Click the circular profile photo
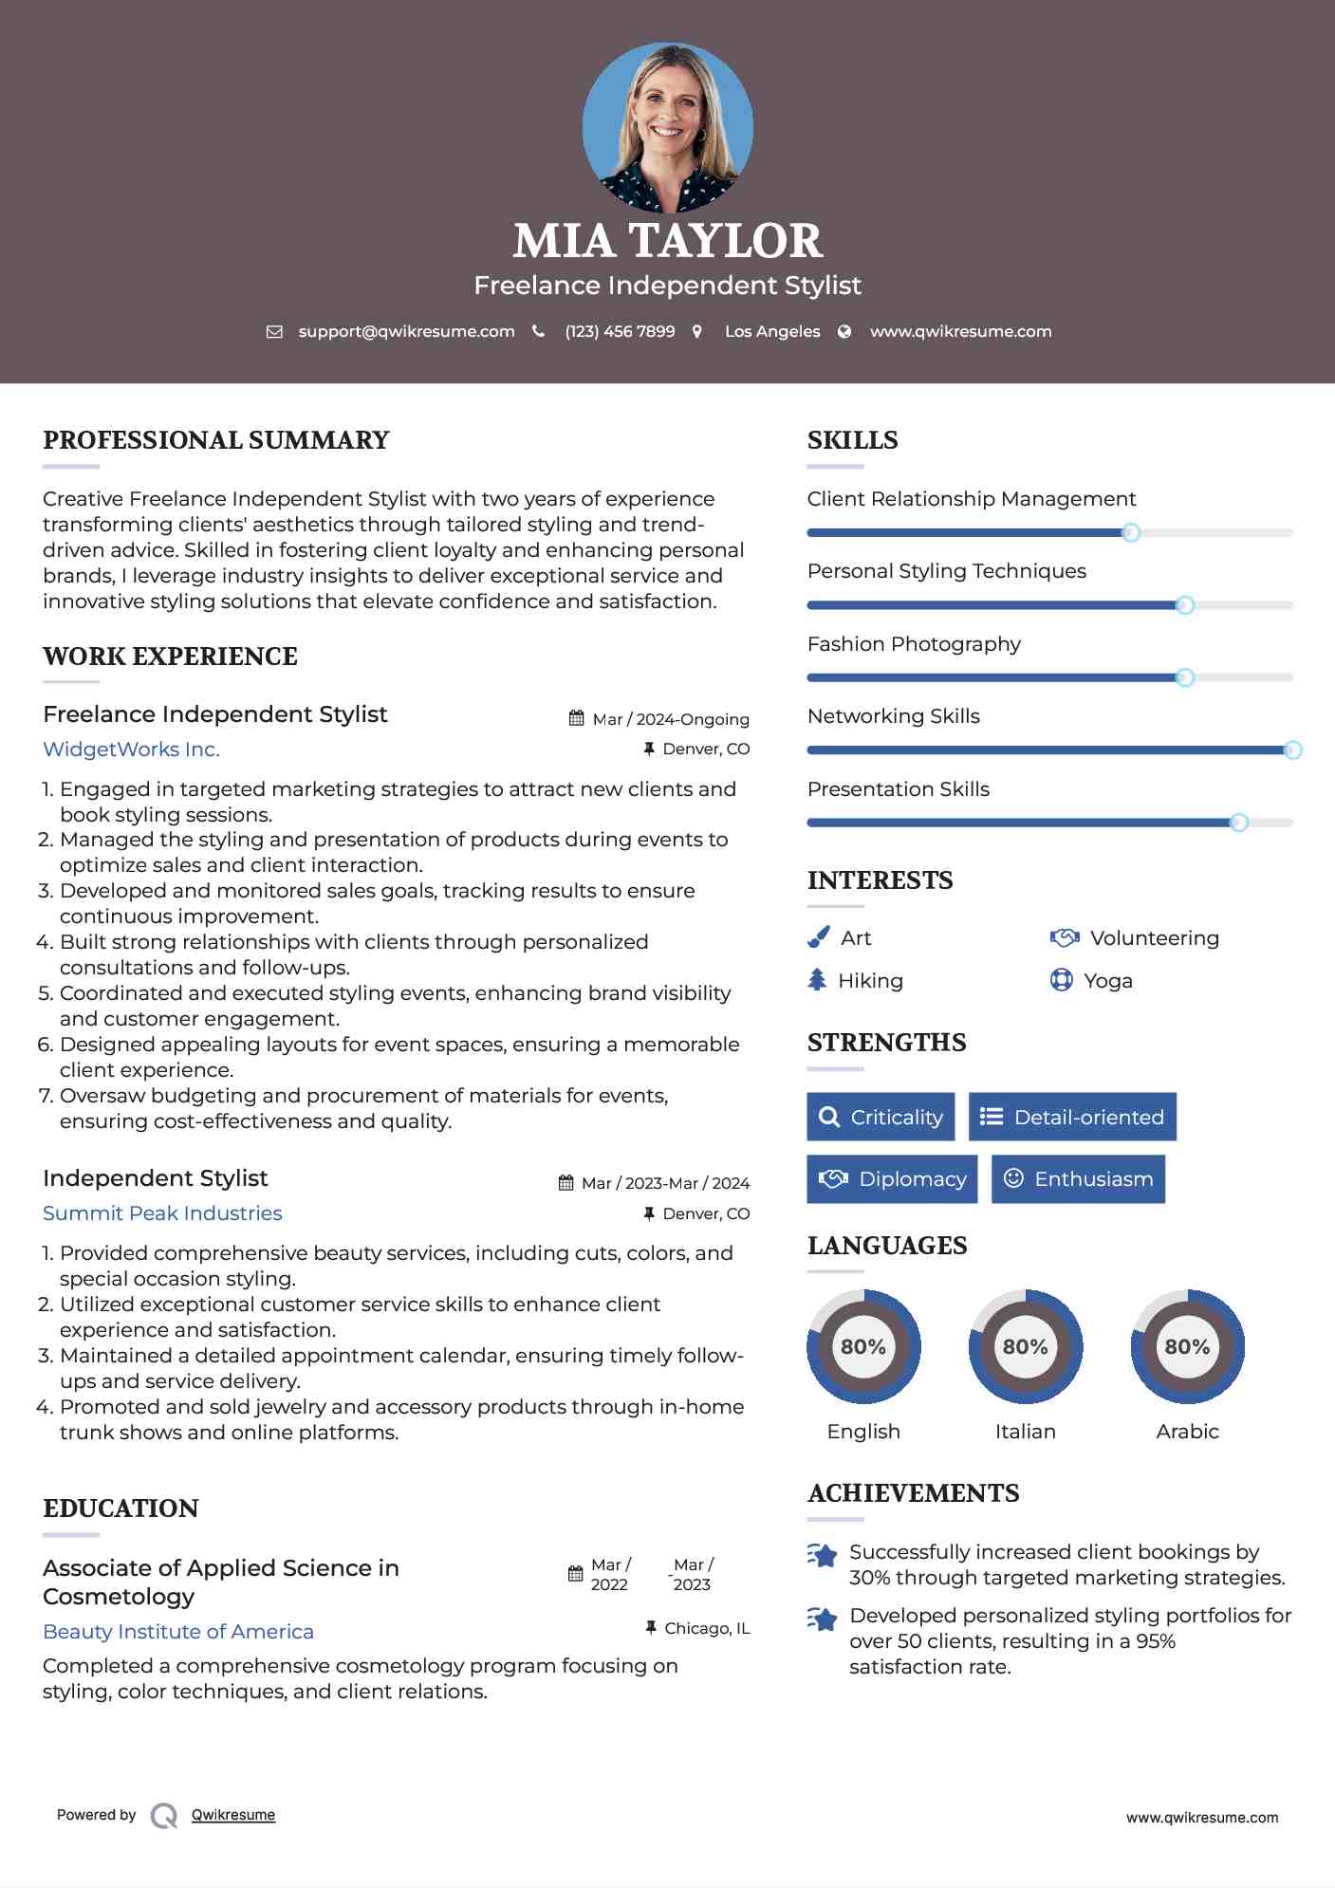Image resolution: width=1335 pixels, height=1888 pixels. point(667,127)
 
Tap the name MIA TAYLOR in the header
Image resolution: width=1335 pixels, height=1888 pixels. point(667,241)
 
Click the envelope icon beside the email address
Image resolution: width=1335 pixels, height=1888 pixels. point(274,332)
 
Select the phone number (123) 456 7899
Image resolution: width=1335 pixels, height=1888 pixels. point(620,332)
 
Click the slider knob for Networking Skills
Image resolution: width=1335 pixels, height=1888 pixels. point(1292,750)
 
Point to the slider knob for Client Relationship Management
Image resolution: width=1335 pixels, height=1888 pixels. point(1130,533)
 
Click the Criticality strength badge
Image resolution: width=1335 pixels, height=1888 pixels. point(881,1117)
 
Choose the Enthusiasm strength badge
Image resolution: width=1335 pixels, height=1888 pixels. point(1078,1179)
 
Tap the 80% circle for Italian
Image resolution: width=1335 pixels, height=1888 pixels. point(1025,1346)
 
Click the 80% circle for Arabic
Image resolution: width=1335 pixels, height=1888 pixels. point(1187,1346)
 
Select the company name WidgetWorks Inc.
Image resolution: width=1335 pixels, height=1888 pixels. point(131,750)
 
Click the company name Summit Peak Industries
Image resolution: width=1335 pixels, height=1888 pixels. point(162,1213)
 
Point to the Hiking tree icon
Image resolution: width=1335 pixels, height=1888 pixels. point(817,980)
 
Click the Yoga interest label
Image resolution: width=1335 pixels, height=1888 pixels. point(1107,981)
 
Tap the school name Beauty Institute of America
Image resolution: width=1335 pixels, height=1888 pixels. point(178,1632)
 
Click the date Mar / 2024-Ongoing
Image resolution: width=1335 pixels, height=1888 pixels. point(670,719)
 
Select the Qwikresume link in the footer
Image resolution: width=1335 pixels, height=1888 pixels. point(232,1815)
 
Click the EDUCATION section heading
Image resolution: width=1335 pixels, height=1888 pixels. point(121,1509)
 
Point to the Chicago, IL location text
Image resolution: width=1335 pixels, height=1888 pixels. point(707,1628)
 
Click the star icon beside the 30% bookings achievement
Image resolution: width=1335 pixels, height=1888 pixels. point(823,1556)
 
